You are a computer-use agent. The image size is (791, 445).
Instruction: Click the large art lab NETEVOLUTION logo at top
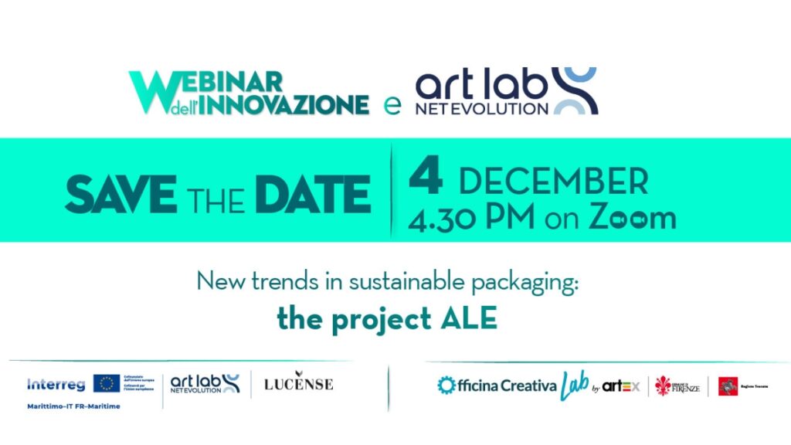click(x=505, y=91)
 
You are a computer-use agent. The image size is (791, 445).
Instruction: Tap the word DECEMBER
click(x=553, y=181)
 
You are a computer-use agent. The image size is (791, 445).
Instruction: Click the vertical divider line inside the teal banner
click(x=392, y=190)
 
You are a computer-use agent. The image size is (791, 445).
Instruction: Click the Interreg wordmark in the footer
click(x=56, y=384)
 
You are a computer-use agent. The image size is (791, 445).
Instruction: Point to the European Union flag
click(x=107, y=383)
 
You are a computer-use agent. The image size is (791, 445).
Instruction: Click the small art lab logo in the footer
click(x=205, y=383)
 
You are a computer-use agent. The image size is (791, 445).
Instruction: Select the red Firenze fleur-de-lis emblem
click(x=663, y=385)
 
